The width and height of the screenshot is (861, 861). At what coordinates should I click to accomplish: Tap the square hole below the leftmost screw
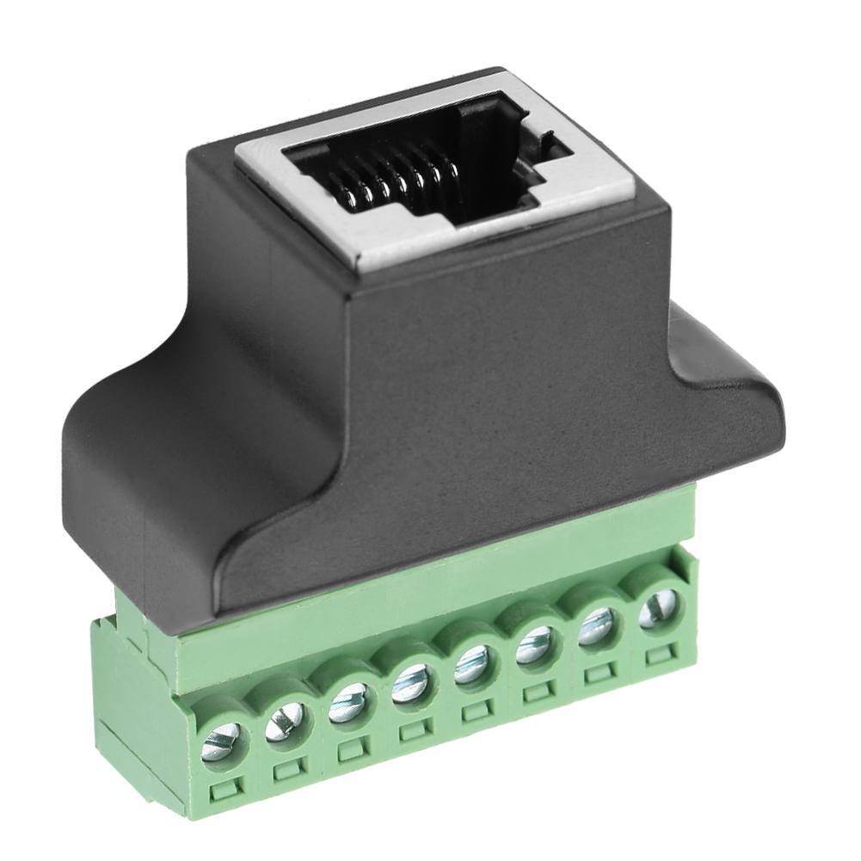pyautogui.click(x=224, y=788)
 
